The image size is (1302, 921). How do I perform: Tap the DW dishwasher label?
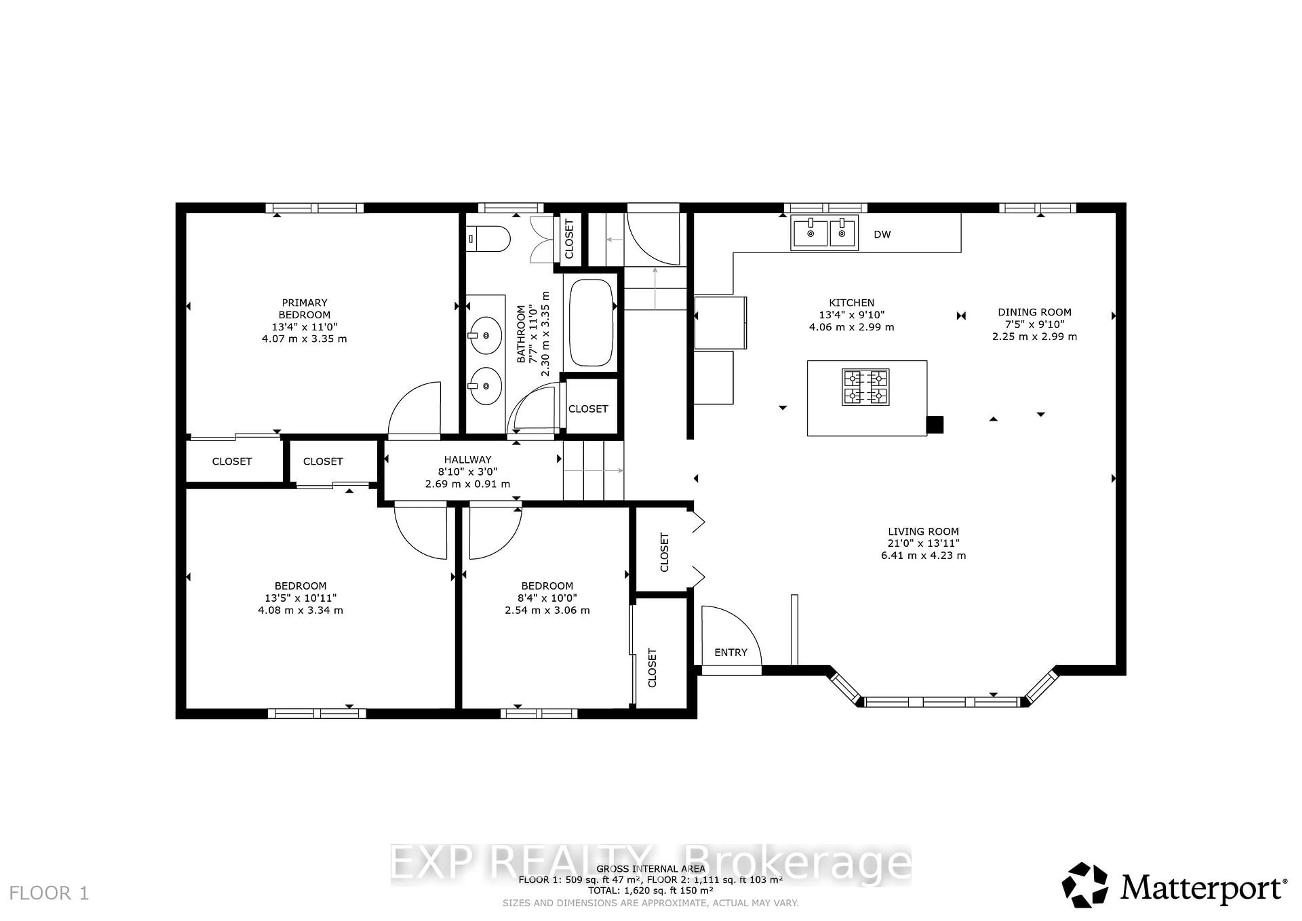[x=882, y=234]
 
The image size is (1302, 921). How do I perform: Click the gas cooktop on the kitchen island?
[x=865, y=387]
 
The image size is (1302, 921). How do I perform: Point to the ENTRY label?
[x=730, y=652]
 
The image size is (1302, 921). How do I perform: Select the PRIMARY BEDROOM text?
[x=304, y=309]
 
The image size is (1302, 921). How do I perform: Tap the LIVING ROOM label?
[x=923, y=531]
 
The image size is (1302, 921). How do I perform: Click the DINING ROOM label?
[x=1034, y=312]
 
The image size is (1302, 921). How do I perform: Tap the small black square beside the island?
[x=934, y=425]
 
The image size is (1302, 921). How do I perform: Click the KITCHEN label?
[x=851, y=303]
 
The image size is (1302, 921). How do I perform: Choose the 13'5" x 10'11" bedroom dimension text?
[x=300, y=598]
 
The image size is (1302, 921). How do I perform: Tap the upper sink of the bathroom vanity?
[x=486, y=335]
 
